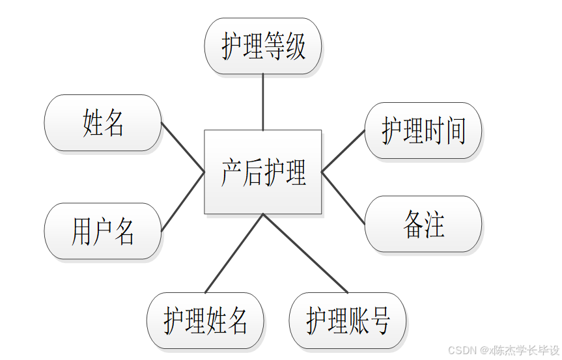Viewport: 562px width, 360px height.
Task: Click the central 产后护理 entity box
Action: [x=262, y=172]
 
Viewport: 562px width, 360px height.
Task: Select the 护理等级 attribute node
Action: [x=262, y=46]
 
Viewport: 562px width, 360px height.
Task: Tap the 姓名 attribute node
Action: [x=103, y=123]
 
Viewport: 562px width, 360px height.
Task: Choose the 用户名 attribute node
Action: [x=103, y=231]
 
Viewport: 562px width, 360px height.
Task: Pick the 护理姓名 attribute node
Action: [x=205, y=320]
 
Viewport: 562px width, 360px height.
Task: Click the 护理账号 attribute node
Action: [x=348, y=320]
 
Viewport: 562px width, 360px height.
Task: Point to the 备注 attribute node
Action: [x=423, y=224]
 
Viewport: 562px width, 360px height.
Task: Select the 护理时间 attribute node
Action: [x=423, y=131]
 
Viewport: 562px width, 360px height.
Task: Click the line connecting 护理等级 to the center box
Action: [x=262, y=102]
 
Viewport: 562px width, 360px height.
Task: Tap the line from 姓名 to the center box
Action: [x=183, y=147]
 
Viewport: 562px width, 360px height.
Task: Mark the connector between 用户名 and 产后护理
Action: [x=183, y=201]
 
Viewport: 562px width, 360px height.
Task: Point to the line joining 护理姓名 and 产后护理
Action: [x=234, y=254]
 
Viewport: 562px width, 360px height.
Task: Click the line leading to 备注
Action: [x=343, y=198]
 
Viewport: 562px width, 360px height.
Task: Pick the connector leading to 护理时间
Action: [x=343, y=151]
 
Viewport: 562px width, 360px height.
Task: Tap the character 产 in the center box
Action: [x=231, y=173]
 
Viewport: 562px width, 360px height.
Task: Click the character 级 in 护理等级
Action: [x=295, y=47]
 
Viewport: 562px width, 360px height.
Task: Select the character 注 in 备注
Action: [x=434, y=225]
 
